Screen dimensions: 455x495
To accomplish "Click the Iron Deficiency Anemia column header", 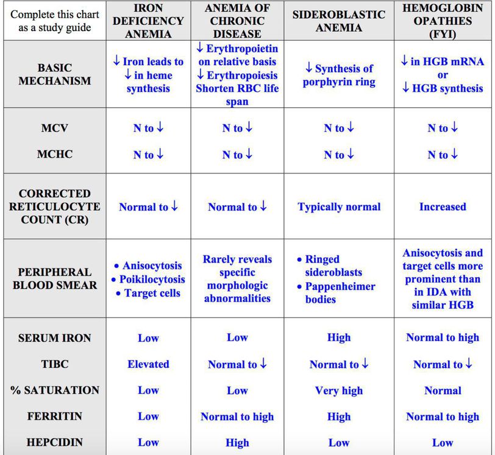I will [148, 20].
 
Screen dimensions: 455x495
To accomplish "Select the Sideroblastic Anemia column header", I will [338, 20].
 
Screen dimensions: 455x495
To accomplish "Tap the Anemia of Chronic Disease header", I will [237, 20].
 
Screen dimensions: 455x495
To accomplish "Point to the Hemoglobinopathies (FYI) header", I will [443, 20].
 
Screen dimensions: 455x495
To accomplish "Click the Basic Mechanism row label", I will [54, 74].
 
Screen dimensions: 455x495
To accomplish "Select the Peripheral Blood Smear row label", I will [54, 278].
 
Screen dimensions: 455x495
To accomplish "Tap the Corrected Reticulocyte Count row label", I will [54, 206].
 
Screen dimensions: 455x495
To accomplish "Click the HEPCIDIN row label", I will [54, 443].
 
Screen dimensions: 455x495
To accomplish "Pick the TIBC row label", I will [54, 364].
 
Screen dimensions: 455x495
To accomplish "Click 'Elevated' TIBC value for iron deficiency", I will [148, 364].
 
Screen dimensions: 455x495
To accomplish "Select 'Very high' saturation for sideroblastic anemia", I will [338, 390].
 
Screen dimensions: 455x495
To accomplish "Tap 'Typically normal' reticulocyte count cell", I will [338, 206].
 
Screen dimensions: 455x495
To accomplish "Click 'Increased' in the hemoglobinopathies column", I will [443, 206].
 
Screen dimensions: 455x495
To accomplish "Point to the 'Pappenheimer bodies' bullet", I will [340, 292].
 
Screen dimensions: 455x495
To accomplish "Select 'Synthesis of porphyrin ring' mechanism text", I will [338, 75].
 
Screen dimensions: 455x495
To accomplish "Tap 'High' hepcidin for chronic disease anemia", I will [237, 443].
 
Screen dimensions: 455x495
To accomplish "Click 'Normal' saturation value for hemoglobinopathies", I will [443, 390].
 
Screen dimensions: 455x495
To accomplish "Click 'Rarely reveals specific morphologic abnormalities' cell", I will [237, 279].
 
